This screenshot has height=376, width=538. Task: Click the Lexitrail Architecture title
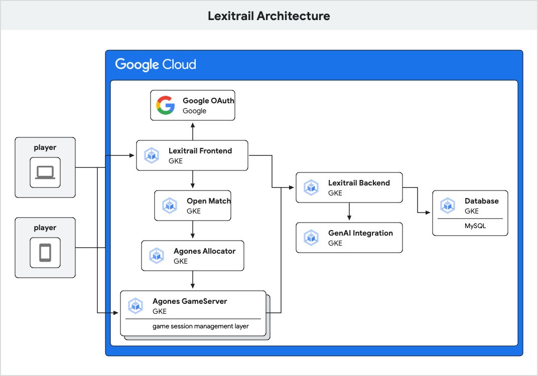point(269,16)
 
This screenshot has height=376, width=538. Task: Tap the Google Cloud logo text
point(156,65)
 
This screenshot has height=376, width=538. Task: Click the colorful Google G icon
point(165,105)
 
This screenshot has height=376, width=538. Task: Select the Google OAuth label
point(208,101)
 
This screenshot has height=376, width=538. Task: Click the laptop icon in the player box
point(45,172)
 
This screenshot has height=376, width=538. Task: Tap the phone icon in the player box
point(45,253)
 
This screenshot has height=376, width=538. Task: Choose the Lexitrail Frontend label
point(200,150)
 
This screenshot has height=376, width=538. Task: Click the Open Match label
point(209,201)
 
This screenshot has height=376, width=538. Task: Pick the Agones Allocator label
point(204,251)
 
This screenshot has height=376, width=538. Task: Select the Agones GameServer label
point(190,301)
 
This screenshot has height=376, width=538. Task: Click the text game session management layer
point(201,326)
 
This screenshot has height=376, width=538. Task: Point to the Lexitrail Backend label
point(359,183)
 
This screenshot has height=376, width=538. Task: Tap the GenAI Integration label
point(360,233)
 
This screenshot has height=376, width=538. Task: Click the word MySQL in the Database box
point(475,226)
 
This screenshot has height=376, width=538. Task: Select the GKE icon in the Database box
point(448,206)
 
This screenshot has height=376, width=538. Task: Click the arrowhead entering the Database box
point(428,213)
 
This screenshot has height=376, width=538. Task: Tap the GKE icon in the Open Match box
point(170,206)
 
